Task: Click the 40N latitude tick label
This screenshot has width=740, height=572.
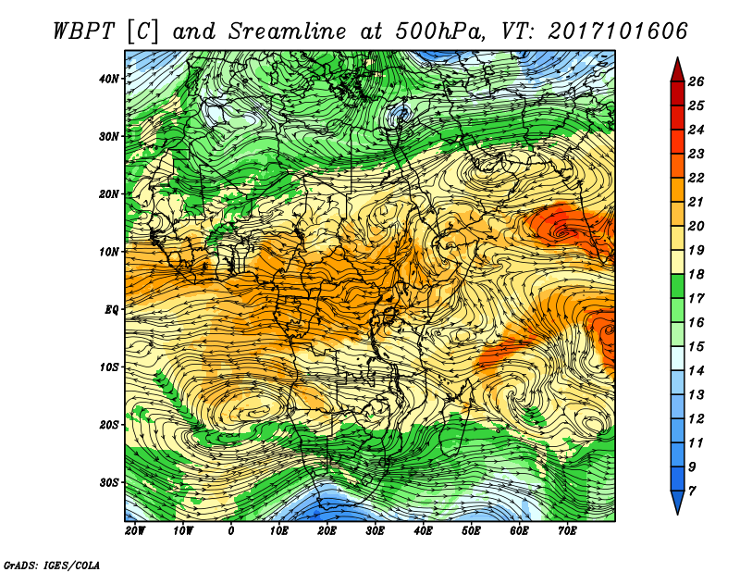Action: coord(109,79)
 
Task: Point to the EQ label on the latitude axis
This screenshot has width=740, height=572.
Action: coord(112,310)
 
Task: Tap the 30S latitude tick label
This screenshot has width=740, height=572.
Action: coord(109,483)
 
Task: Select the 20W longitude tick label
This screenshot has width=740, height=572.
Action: coord(135,531)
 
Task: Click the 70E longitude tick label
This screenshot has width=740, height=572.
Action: coord(567,531)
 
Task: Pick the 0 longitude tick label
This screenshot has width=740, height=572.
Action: coord(230,531)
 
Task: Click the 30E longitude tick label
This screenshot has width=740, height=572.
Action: coord(376,531)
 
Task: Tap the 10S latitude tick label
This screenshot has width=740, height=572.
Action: coord(109,367)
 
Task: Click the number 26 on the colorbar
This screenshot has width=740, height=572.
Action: coord(696,81)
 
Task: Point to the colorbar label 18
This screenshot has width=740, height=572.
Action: coord(696,274)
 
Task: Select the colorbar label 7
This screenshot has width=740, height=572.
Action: coord(692,491)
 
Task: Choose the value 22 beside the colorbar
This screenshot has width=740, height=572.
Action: coord(696,178)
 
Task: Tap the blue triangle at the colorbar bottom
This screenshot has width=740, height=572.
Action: coord(678,501)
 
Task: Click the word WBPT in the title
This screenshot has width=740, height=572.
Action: coord(84,31)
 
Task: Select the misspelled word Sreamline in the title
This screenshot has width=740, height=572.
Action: coord(288,31)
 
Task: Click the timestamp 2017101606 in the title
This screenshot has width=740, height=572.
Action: coord(617,31)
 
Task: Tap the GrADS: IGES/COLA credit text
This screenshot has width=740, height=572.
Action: coord(52,566)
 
